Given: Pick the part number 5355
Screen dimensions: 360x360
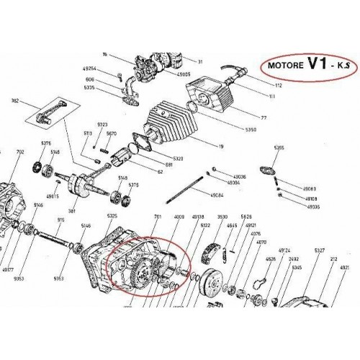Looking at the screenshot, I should (x=279, y=148).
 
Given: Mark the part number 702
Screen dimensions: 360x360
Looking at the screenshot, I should (x=19, y=152).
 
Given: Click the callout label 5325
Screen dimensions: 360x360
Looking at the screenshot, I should (x=111, y=215).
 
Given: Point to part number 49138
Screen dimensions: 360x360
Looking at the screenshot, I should (x=198, y=215).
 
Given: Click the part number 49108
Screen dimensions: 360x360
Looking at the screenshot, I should (x=311, y=198).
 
